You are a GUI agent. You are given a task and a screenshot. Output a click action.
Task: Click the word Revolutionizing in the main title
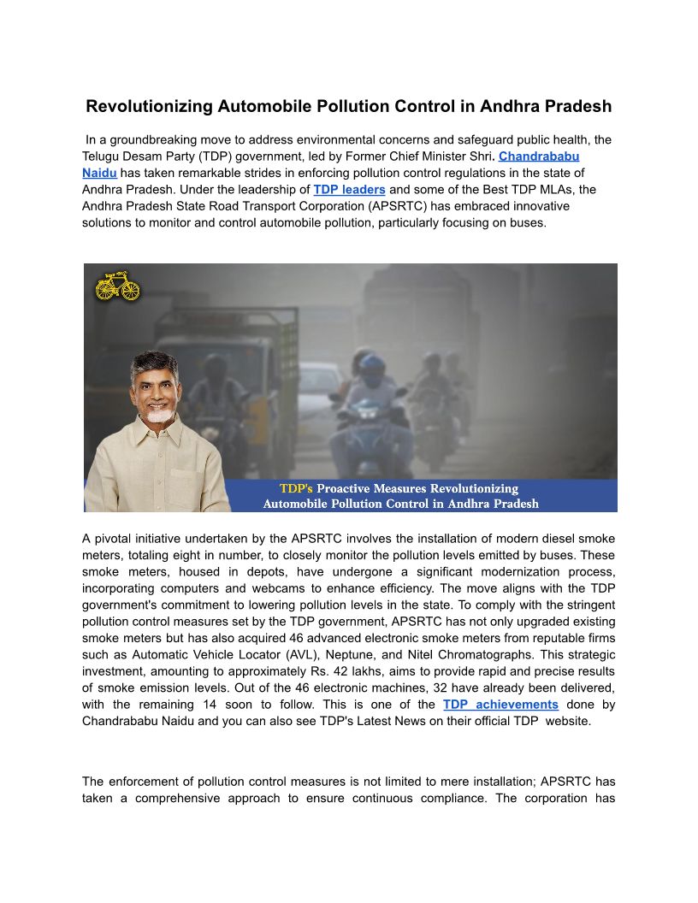coord(149,107)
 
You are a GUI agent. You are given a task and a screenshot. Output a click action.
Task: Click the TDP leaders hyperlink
coord(349,189)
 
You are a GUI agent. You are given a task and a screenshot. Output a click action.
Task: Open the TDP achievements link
coord(500,705)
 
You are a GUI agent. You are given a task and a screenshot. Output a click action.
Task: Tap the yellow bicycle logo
coord(117,286)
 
